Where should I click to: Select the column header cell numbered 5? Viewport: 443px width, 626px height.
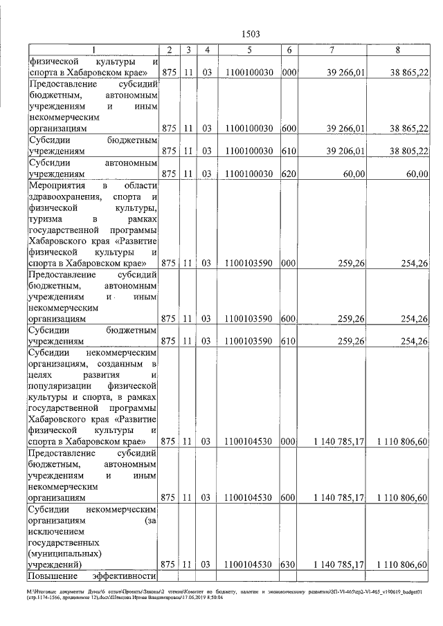(248, 50)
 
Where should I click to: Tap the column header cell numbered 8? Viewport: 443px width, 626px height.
(397, 50)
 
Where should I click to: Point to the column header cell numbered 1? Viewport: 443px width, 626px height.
(93, 50)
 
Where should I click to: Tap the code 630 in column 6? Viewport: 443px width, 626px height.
(289, 564)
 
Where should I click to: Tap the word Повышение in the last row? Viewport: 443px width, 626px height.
(53, 576)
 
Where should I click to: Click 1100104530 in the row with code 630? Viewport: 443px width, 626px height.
(248, 564)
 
